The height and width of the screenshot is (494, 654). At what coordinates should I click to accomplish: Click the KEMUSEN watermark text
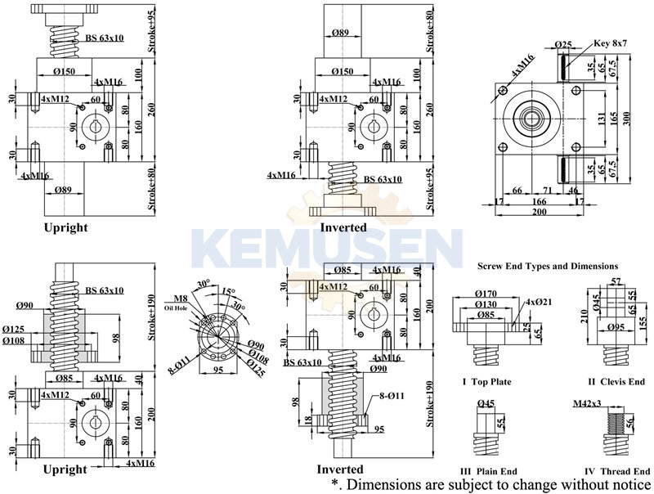[x=327, y=246]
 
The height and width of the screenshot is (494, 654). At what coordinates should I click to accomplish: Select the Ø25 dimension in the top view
[x=562, y=43]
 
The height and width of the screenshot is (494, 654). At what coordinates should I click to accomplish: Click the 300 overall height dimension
[x=627, y=119]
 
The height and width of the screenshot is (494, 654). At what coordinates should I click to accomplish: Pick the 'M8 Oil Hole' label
[x=181, y=303]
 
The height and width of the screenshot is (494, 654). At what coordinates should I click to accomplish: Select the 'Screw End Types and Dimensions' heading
[x=548, y=266]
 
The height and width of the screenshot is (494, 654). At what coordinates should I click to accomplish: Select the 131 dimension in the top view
[x=600, y=119]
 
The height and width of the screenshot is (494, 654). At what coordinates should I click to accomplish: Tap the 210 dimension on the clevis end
[x=582, y=315]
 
